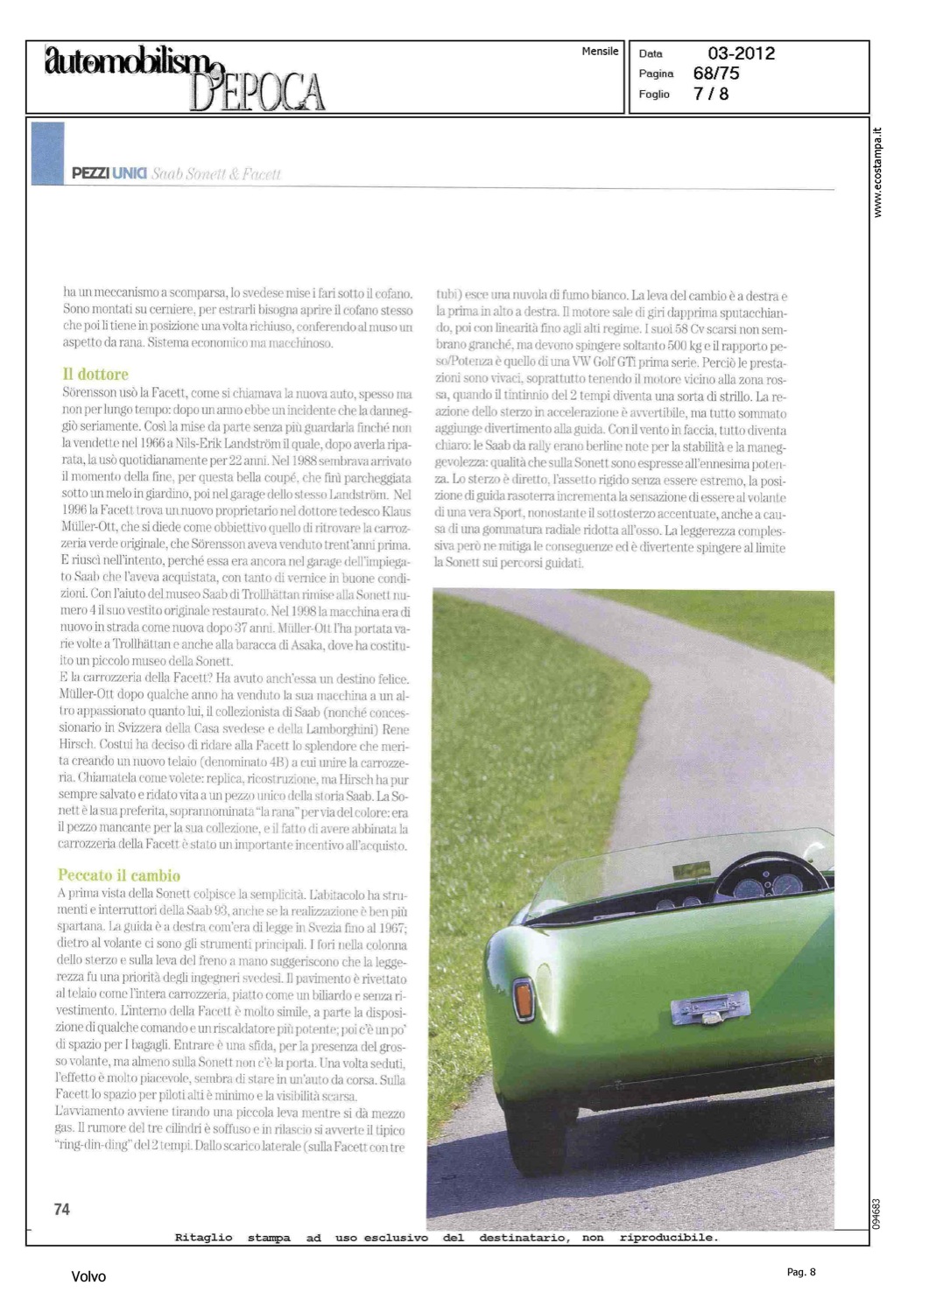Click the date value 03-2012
741,53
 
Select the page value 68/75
715,74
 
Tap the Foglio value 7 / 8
710,94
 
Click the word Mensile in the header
600,52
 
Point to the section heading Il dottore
95,375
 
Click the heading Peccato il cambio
119,875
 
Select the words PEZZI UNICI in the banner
109,173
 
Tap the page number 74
61,1209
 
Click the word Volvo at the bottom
88,1277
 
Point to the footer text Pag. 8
800,1272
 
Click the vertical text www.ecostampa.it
878,172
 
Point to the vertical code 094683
878,1213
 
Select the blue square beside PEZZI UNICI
47,153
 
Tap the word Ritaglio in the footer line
203,1238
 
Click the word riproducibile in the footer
668,1238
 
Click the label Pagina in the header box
656,74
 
